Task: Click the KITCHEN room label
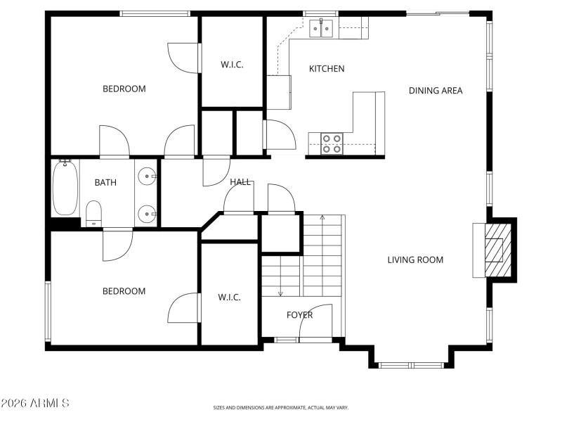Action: [x=327, y=69]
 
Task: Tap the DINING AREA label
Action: [x=436, y=91]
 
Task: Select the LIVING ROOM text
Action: [x=415, y=260]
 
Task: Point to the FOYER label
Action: [x=299, y=315]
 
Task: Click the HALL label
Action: [x=240, y=182]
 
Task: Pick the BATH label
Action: [x=105, y=183]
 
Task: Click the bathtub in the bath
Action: [x=65, y=188]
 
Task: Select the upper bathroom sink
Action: [x=147, y=176]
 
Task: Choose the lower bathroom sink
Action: [x=147, y=211]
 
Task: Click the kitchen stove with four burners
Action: [x=332, y=143]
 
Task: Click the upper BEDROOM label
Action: [x=124, y=89]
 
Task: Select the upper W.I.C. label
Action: [x=232, y=65]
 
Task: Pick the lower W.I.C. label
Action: [x=229, y=298]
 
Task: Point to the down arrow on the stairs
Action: [x=280, y=292]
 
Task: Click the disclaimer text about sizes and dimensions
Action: [x=281, y=407]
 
